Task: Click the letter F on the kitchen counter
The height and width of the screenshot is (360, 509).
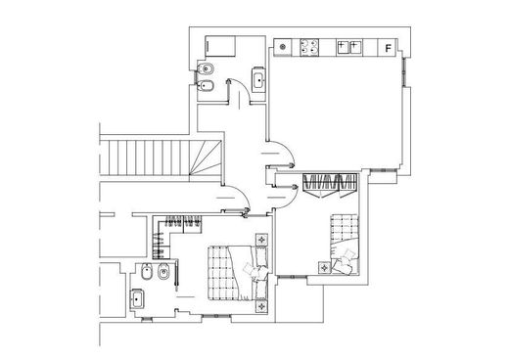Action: coord(389,47)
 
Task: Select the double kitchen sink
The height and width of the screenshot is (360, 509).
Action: coord(347,46)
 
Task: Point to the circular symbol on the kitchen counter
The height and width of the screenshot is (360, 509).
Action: coord(283,46)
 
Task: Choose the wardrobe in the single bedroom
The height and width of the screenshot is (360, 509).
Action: coord(331,183)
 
